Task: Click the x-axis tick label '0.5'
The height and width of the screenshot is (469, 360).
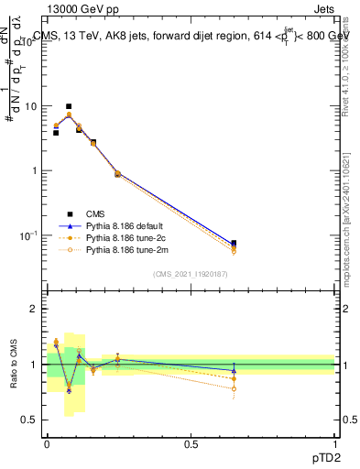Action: coord(191,444)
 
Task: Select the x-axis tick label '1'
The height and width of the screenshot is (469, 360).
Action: coord(334,444)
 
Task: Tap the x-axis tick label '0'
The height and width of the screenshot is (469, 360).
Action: coord(47,444)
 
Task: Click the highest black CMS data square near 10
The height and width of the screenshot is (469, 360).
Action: coord(68,106)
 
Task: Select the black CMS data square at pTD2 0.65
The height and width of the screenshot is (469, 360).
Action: coord(234,244)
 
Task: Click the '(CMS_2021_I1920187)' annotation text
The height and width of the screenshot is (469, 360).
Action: coord(191,273)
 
